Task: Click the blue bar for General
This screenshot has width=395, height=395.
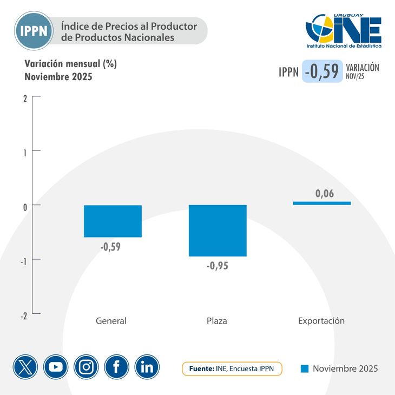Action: pos(113,221)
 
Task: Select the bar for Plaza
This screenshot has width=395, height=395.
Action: pos(217,231)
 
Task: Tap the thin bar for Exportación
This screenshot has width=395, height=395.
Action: pos(322,203)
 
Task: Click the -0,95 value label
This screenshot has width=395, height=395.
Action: pos(218,266)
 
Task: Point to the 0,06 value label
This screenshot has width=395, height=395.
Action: pos(325,193)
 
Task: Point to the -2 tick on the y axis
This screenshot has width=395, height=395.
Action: pos(23,317)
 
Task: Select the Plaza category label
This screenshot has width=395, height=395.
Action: pos(217,321)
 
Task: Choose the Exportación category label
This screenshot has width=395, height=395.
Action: pos(321,321)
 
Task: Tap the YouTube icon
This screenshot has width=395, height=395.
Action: pos(56,367)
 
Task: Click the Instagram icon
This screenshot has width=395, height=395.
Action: pos(86,367)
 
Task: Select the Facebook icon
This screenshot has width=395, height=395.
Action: pos(116,367)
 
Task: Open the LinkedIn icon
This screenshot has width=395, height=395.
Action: pos(147,367)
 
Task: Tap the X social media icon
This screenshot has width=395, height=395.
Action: pos(25,367)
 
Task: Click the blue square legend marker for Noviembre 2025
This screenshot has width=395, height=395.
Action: pos(305,368)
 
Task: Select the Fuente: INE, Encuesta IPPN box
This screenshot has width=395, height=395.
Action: pos(232,368)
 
